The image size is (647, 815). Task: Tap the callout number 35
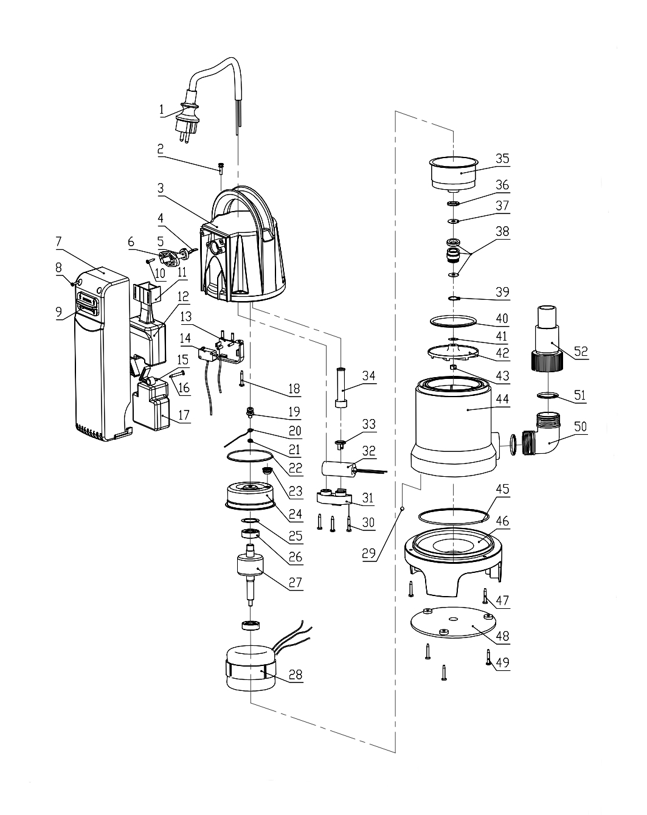502,159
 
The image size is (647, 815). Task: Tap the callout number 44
502,399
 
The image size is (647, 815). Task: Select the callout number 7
58,241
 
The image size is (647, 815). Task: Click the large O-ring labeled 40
453,321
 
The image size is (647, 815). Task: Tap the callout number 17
184,415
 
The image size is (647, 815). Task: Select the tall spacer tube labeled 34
341,387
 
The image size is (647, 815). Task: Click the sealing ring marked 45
454,516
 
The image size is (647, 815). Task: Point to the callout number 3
161,188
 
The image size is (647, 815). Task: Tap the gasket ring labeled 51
547,396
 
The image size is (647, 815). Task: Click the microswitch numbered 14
207,355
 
